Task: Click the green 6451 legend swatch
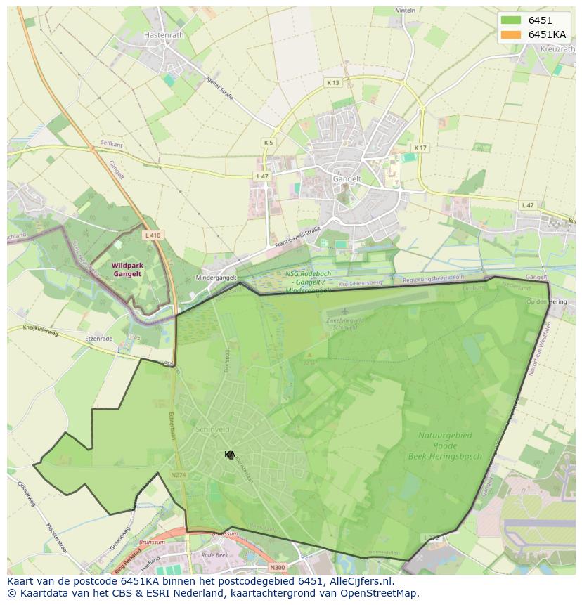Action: pos(510,20)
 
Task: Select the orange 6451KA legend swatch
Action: pos(510,34)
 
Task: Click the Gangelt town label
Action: pos(347,179)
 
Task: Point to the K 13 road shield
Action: pos(332,83)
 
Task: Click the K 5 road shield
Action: pos(269,143)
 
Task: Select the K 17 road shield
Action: pos(420,148)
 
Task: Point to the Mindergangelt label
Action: pos(216,278)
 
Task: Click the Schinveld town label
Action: pos(214,429)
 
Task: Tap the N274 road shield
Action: pos(179,476)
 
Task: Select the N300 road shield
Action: pos(278,567)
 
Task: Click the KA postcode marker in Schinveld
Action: pos(230,455)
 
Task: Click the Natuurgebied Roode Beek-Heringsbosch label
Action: pos(445,445)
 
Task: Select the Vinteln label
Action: pos(406,11)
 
